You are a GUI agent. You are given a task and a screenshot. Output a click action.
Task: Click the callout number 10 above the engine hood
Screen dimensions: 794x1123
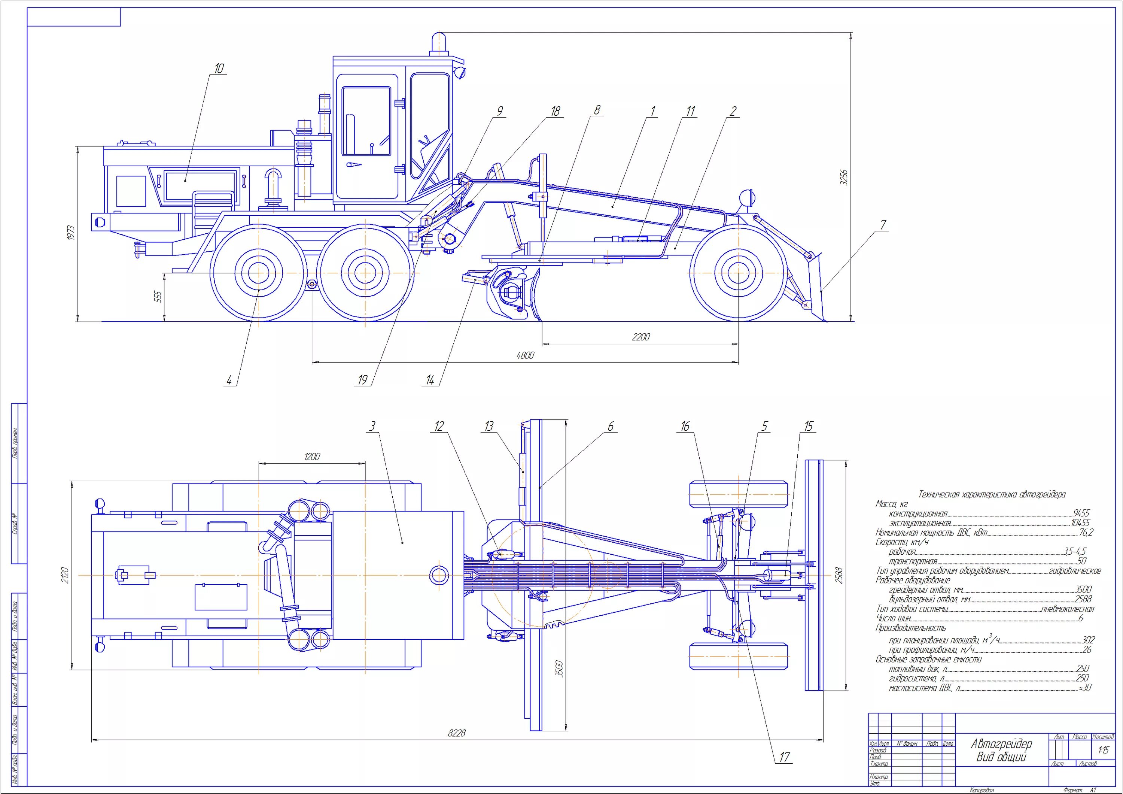point(219,69)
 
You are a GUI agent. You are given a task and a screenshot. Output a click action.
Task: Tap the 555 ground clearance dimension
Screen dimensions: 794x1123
point(158,297)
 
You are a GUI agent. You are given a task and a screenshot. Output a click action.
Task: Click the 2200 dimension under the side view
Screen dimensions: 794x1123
point(641,337)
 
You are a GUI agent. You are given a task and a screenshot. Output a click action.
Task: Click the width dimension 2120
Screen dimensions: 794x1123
point(66,575)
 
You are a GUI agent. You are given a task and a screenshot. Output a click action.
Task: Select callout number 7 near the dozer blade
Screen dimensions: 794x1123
point(883,225)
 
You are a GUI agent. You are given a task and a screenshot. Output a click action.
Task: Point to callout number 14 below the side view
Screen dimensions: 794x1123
point(430,380)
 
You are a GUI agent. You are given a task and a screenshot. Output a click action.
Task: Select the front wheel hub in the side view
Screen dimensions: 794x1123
point(738,273)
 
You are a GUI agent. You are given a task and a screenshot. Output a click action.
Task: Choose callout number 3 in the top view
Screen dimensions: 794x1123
point(372,426)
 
